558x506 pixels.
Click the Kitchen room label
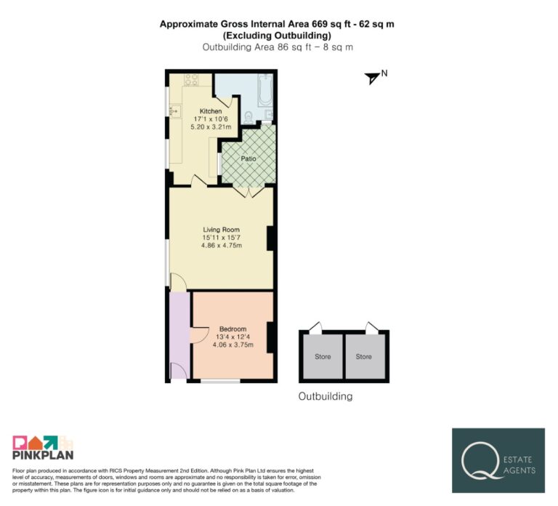click(x=211, y=111)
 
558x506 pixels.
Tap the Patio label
click(x=248, y=158)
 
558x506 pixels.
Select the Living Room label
click(x=222, y=230)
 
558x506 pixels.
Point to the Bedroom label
click(x=232, y=329)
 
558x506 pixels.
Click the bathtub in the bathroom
click(x=265, y=89)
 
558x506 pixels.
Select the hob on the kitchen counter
click(x=191, y=80)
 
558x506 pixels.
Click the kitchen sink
click(x=175, y=111)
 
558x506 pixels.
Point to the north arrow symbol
click(x=372, y=78)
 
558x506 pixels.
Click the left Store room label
click(x=323, y=356)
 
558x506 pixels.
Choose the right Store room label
click(x=364, y=356)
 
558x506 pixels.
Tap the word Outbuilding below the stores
click(x=325, y=396)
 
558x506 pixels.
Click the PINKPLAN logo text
click(x=43, y=455)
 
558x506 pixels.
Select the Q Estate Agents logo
click(x=498, y=460)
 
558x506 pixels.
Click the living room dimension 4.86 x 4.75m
click(x=222, y=245)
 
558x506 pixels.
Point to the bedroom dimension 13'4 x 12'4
click(x=233, y=337)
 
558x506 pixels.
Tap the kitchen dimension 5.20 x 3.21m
click(x=211, y=126)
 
